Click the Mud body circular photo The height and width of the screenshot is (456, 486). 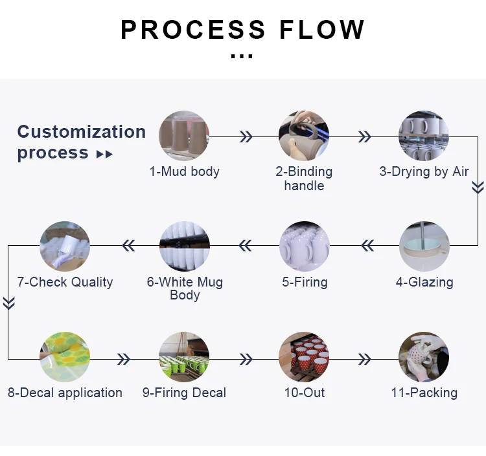184,136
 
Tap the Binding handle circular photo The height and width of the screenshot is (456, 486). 304,136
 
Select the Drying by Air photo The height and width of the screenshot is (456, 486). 424,136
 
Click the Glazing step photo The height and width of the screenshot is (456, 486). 424,246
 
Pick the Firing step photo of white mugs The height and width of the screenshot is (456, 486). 304,246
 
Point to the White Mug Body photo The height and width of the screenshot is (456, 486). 184,246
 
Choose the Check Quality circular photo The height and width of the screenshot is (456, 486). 65,246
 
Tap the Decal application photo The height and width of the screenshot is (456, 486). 65,357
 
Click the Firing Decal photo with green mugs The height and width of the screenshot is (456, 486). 184,357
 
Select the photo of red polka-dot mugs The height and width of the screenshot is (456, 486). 304,357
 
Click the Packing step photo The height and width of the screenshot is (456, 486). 424,357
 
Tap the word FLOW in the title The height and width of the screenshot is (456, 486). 322,30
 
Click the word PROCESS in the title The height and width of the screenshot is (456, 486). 193,30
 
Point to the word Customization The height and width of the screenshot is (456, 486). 81,132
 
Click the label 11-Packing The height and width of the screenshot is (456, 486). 424,393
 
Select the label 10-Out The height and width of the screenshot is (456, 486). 304,393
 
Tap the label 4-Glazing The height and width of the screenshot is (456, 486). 424,282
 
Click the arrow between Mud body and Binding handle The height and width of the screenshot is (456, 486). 246,136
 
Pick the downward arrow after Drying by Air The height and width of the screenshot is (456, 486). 478,188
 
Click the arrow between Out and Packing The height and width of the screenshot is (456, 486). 365,359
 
